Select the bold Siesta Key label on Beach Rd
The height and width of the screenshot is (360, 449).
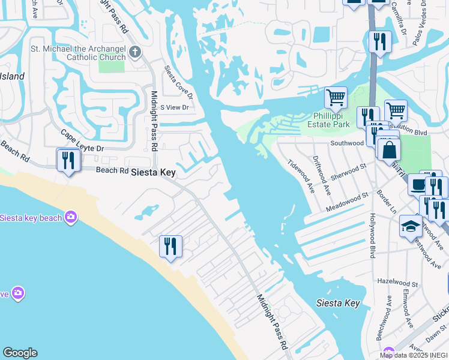pyautogui.click(x=154, y=172)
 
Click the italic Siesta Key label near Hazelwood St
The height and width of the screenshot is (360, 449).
pyautogui.click(x=338, y=303)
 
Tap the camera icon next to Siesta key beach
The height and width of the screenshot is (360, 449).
pyautogui.click(x=71, y=217)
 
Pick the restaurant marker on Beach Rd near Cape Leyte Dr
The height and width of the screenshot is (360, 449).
pyautogui.click(x=68, y=160)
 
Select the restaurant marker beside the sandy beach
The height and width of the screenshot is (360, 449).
pyautogui.click(x=170, y=246)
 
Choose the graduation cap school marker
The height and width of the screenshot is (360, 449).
pyautogui.click(x=410, y=226)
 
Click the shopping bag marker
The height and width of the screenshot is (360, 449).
pyautogui.click(x=389, y=149)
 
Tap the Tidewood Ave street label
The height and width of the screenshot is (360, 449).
pyautogui.click(x=301, y=176)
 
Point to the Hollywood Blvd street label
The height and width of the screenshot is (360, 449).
pyautogui.click(x=372, y=236)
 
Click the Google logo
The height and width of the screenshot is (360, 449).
pyautogui.click(x=20, y=353)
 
